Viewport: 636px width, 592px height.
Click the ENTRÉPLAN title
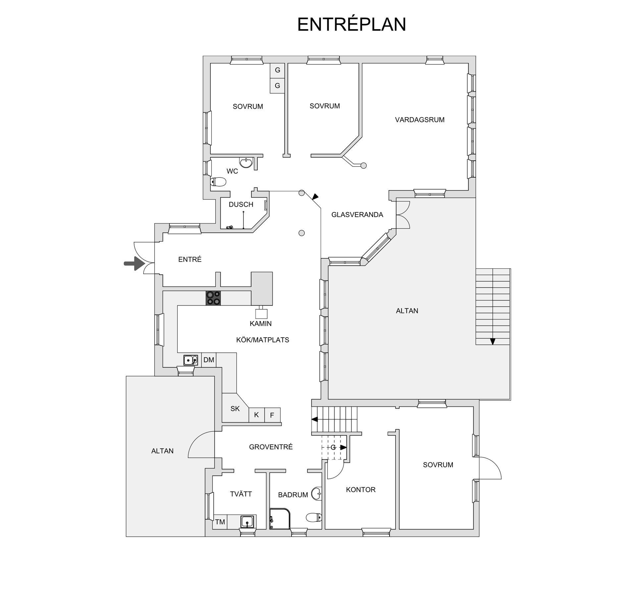(351, 25)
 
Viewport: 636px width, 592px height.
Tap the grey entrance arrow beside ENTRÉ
(134, 263)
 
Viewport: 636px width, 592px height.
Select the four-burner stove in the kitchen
(213, 298)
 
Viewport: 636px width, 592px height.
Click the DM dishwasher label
(209, 360)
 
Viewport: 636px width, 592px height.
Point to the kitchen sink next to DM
(191, 360)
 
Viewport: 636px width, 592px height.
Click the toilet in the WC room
(218, 182)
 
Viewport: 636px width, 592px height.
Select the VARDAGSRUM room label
(420, 120)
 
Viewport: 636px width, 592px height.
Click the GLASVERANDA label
(357, 215)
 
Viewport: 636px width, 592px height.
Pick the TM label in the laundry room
(220, 522)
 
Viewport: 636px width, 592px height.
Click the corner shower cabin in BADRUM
(280, 518)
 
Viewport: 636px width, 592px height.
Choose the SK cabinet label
(235, 409)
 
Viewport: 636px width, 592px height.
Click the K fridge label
(256, 415)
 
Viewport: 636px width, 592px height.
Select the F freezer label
(272, 415)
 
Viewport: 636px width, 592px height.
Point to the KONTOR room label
(361, 490)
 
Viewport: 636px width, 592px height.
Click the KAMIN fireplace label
(261, 324)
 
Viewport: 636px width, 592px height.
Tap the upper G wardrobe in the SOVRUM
(277, 70)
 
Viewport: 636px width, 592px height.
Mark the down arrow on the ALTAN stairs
(493, 341)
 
